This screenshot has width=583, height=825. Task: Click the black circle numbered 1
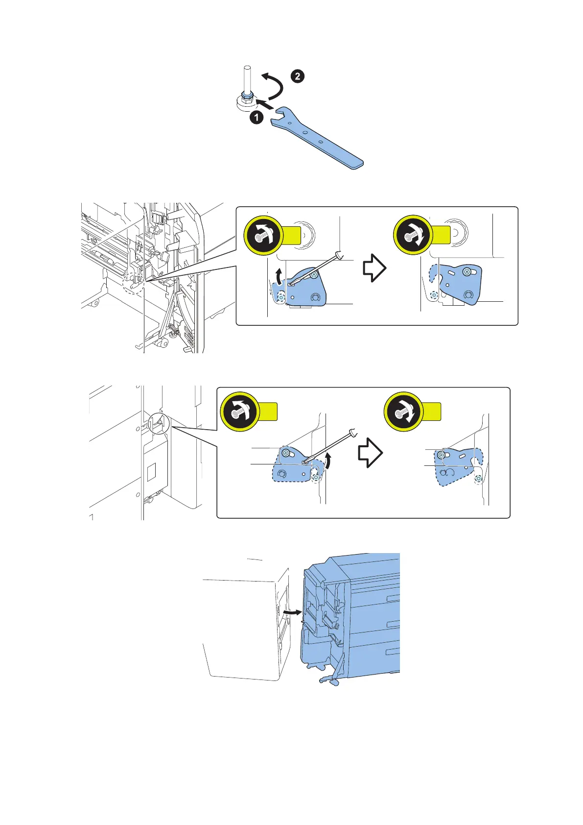tap(257, 118)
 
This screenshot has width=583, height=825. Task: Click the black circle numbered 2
tap(298, 76)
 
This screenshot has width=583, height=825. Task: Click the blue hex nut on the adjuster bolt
tap(247, 96)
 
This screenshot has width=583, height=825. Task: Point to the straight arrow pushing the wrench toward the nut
tap(265, 103)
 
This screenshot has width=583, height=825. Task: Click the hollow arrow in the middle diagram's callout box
tap(374, 268)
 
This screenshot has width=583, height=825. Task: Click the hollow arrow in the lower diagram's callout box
tap(370, 453)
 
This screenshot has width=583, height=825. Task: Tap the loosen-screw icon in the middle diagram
tap(263, 235)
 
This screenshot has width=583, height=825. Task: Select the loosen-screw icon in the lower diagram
tap(239, 412)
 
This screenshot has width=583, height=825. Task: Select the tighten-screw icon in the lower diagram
tap(403, 412)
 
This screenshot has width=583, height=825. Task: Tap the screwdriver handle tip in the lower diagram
tap(354, 432)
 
